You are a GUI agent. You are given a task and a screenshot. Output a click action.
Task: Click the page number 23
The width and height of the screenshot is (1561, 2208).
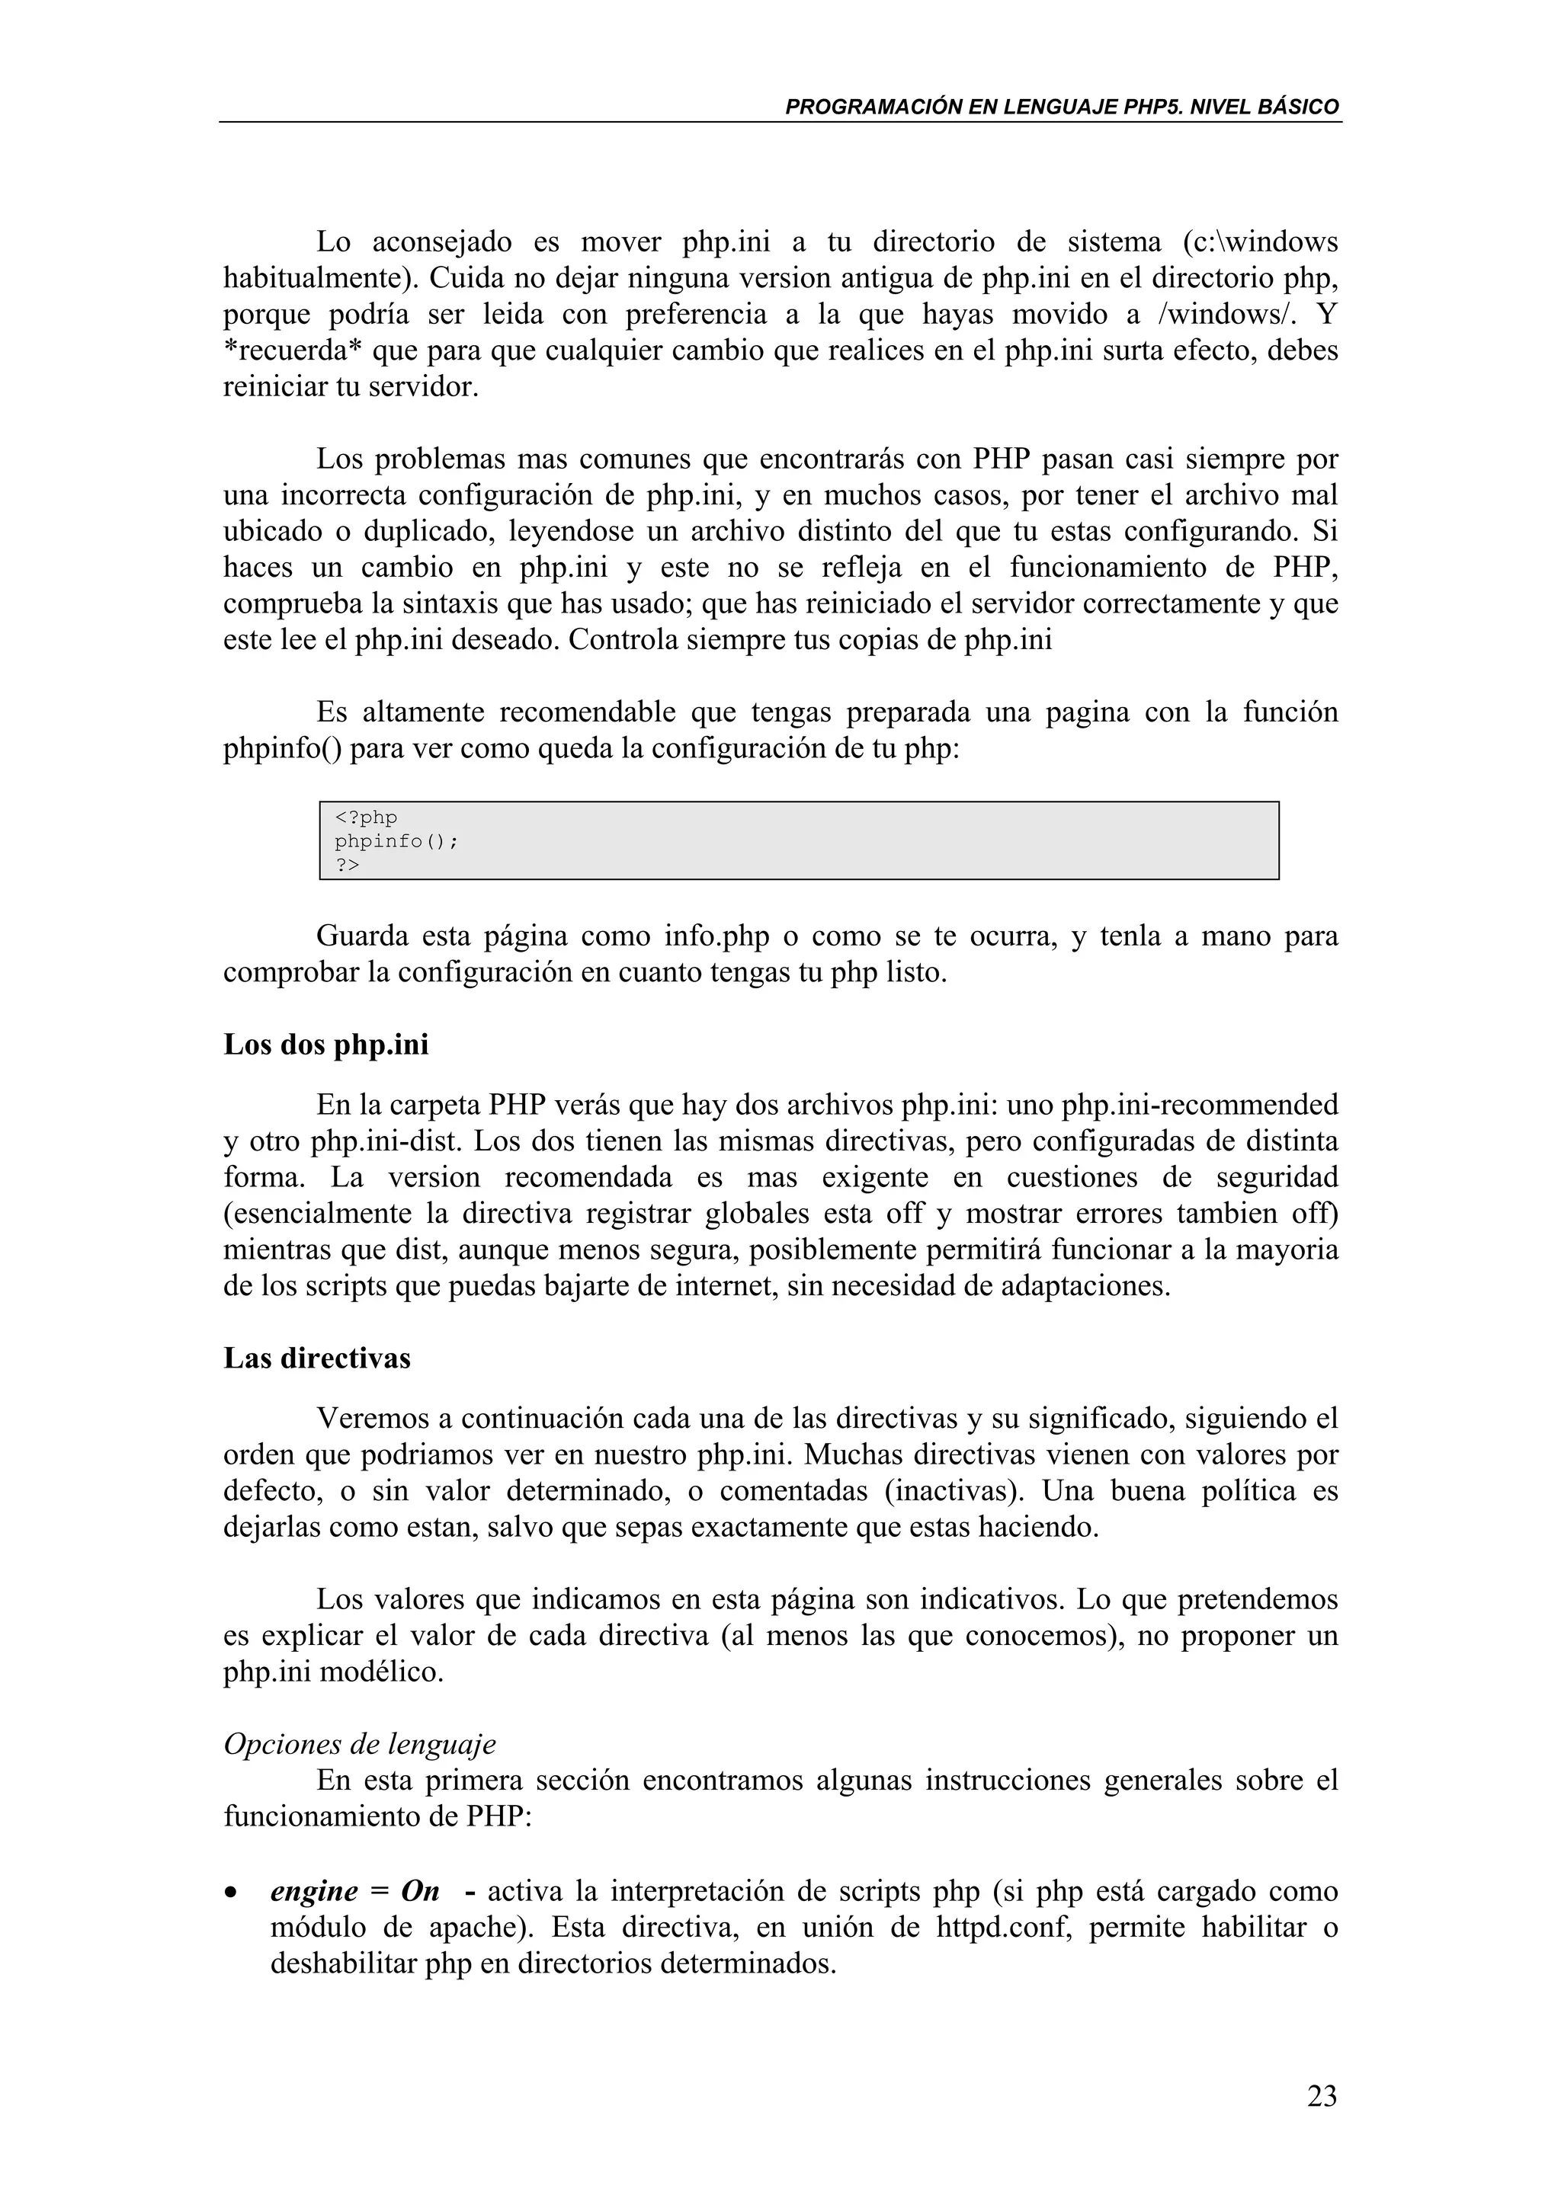tap(1322, 2095)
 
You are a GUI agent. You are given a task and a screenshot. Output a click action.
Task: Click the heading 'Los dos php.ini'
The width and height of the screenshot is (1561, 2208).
tap(326, 1045)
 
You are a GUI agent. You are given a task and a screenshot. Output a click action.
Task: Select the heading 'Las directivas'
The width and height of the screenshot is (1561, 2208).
tap(316, 1358)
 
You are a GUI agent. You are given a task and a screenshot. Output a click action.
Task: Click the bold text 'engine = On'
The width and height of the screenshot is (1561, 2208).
tap(355, 1890)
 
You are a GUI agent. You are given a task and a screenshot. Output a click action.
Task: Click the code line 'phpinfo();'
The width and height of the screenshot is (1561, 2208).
tap(396, 841)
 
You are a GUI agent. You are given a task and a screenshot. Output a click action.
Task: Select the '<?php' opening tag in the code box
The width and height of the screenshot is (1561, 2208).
tap(366, 818)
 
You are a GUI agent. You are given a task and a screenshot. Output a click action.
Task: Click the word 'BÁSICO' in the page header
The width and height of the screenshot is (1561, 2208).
tap(1299, 107)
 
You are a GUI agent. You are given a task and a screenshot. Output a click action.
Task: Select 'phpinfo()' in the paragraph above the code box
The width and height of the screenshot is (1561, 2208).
tap(283, 748)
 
